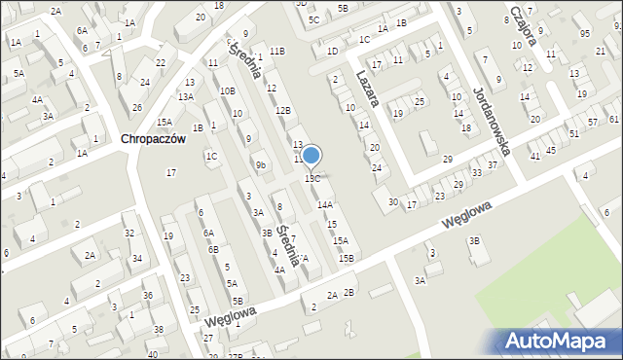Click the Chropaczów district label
tap(153, 139)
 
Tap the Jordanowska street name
tap(492, 121)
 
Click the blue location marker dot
tap(311, 155)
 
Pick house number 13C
tap(312, 179)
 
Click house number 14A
tap(325, 204)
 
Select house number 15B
tap(347, 258)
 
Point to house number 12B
tap(283, 111)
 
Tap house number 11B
tap(277, 51)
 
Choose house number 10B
tap(227, 91)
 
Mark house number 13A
tap(186, 96)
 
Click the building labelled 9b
tap(260, 164)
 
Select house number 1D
tap(332, 51)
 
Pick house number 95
tap(584, 34)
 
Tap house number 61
tap(614, 119)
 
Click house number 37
tap(493, 164)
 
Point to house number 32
tap(128, 234)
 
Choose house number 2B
tap(349, 292)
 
